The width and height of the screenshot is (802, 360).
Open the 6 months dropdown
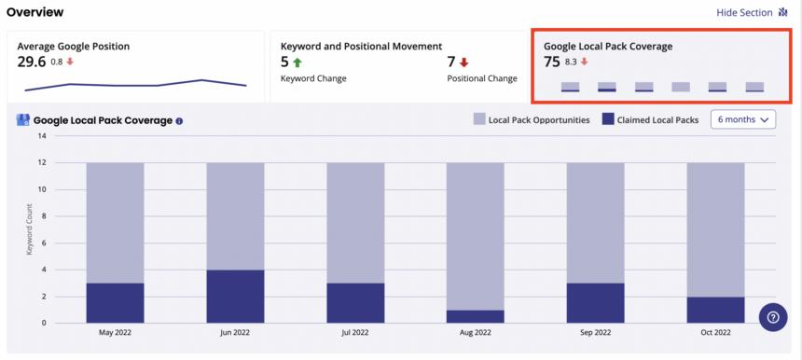(x=743, y=119)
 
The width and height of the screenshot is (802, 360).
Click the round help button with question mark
(x=773, y=317)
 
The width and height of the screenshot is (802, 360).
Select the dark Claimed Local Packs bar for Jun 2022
(x=235, y=296)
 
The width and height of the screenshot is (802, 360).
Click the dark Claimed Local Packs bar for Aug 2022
(x=476, y=316)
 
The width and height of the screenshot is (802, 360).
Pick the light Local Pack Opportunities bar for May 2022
(x=115, y=223)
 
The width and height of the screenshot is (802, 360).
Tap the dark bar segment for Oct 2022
(x=715, y=310)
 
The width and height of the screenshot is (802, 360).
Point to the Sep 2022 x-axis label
(x=595, y=332)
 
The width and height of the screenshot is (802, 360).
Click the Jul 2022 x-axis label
(x=355, y=332)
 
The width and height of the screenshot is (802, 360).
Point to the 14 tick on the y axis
(x=42, y=136)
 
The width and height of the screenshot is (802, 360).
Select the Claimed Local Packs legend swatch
(x=608, y=119)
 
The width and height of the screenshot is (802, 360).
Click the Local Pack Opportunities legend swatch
(x=479, y=119)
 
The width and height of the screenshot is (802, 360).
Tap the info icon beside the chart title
(x=179, y=121)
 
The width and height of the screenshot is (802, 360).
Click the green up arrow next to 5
(x=297, y=62)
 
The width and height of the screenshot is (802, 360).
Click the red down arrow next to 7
(x=463, y=62)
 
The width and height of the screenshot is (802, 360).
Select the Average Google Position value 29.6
(x=32, y=62)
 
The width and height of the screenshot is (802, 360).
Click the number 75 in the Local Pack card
(x=552, y=62)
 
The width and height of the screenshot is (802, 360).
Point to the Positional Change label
(x=482, y=78)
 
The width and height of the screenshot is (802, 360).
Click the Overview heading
(x=35, y=12)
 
